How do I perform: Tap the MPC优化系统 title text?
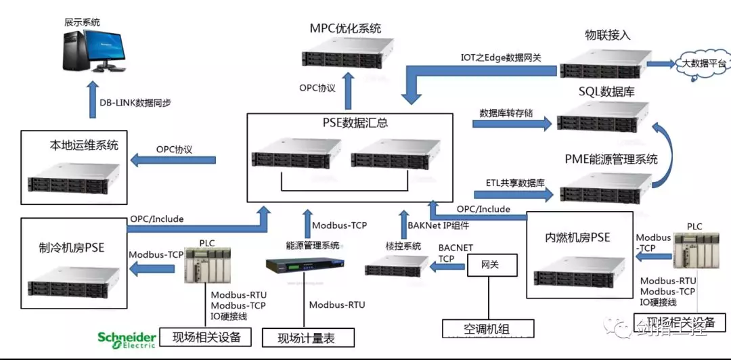coord(345,28)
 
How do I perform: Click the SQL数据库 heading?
coord(606,91)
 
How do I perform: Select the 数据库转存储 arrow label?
coord(506,112)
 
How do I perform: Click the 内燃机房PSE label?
coord(577,238)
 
